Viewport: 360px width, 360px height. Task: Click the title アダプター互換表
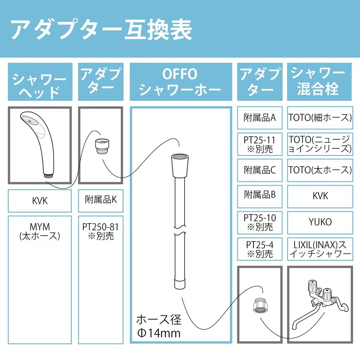tap(102, 30)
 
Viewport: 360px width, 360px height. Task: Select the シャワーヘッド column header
tap(40, 82)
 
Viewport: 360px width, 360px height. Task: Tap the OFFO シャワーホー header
tap(180, 82)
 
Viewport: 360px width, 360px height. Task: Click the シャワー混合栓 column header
tap(319, 82)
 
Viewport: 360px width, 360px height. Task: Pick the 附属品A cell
tap(260, 117)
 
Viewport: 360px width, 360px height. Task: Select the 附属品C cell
tap(260, 170)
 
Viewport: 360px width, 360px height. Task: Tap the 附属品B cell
tap(260, 195)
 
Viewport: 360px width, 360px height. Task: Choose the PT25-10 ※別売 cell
tap(260, 222)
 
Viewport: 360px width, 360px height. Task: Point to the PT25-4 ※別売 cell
tap(260, 249)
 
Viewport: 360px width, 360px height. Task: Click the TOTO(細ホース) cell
tap(320, 117)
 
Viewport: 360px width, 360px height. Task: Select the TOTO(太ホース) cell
tap(320, 170)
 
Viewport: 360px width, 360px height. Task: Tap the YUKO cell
tap(320, 222)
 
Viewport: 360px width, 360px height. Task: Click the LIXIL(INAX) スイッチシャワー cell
tap(320, 249)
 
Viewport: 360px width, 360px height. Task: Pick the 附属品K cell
tap(101, 200)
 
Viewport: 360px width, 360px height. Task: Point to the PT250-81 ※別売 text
tap(101, 231)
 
